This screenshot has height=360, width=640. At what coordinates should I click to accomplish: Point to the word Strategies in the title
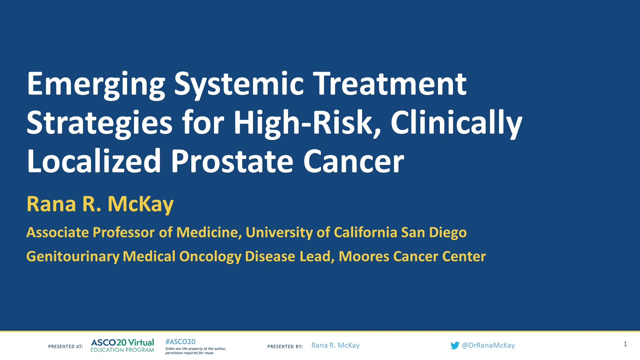(x=99, y=123)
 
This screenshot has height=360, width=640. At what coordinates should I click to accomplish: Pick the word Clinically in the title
(x=456, y=123)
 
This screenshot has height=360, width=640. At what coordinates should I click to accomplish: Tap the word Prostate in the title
(x=232, y=161)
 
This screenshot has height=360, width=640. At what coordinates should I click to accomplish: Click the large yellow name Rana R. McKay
(x=100, y=204)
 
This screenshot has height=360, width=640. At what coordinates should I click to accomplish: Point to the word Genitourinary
(x=73, y=256)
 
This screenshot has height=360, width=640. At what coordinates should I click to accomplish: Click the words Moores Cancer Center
(x=412, y=256)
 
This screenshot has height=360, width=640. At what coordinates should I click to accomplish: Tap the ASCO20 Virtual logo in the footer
(x=122, y=345)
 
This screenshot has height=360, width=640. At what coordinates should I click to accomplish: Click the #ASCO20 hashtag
(x=180, y=342)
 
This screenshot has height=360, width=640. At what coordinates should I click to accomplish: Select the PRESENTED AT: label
(x=65, y=347)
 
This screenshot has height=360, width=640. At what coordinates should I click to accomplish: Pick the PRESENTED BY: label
(x=285, y=347)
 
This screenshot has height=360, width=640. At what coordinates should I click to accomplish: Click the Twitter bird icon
(x=455, y=346)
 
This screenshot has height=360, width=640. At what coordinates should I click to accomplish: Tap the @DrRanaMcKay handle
(x=488, y=345)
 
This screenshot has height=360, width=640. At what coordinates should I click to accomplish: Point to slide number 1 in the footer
(x=625, y=344)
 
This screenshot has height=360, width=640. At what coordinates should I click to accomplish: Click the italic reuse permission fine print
(x=195, y=351)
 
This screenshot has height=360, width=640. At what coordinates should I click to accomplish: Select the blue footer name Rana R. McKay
(x=335, y=345)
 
